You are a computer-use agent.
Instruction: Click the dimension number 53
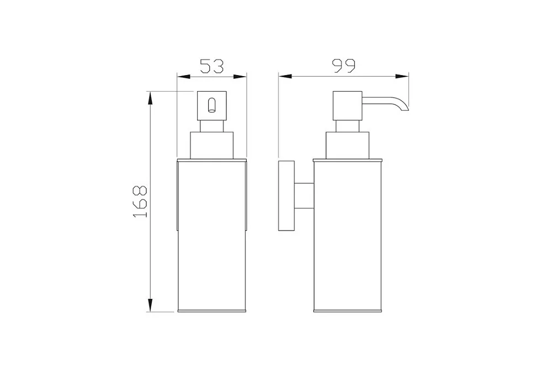click(212, 66)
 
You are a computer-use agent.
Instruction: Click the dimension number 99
click(344, 66)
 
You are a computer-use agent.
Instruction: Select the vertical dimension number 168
click(140, 201)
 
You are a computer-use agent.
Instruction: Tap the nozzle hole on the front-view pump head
click(211, 105)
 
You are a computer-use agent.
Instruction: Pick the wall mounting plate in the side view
click(286, 196)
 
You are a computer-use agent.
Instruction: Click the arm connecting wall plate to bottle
click(304, 196)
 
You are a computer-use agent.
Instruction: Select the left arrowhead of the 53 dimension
click(183, 76)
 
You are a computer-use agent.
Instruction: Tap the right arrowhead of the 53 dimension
click(240, 76)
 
